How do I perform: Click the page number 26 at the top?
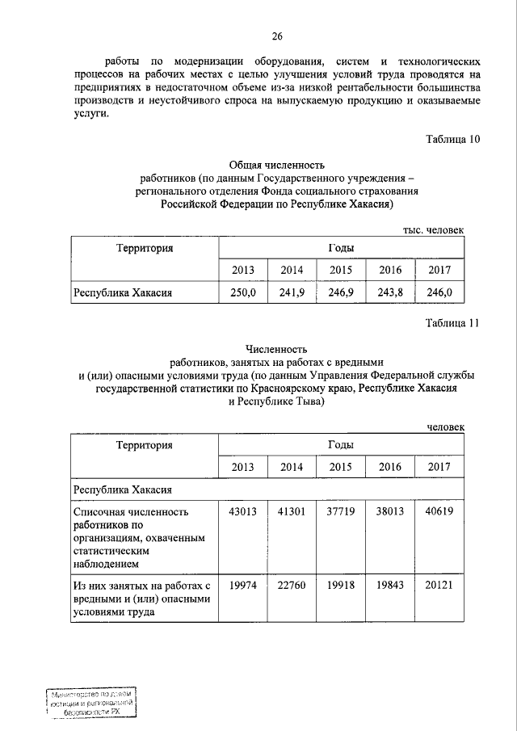point(277,36)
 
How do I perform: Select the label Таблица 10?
point(453,139)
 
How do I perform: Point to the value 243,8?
point(390,292)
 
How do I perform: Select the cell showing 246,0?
point(439,292)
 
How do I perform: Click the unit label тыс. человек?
point(434,229)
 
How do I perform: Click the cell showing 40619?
point(439,512)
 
